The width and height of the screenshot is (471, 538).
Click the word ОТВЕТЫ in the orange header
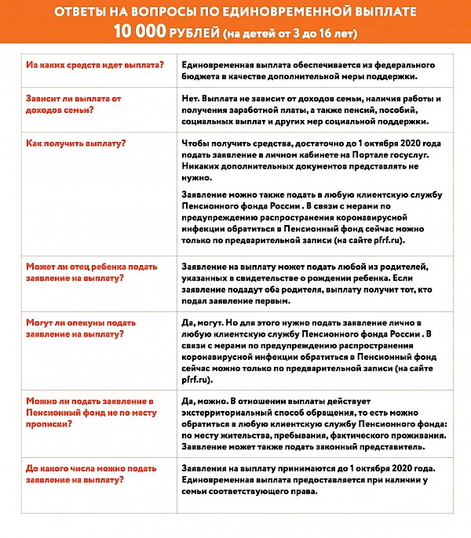pyautogui.click(x=82, y=13)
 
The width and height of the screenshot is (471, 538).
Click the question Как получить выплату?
pyautogui.click(x=76, y=143)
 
